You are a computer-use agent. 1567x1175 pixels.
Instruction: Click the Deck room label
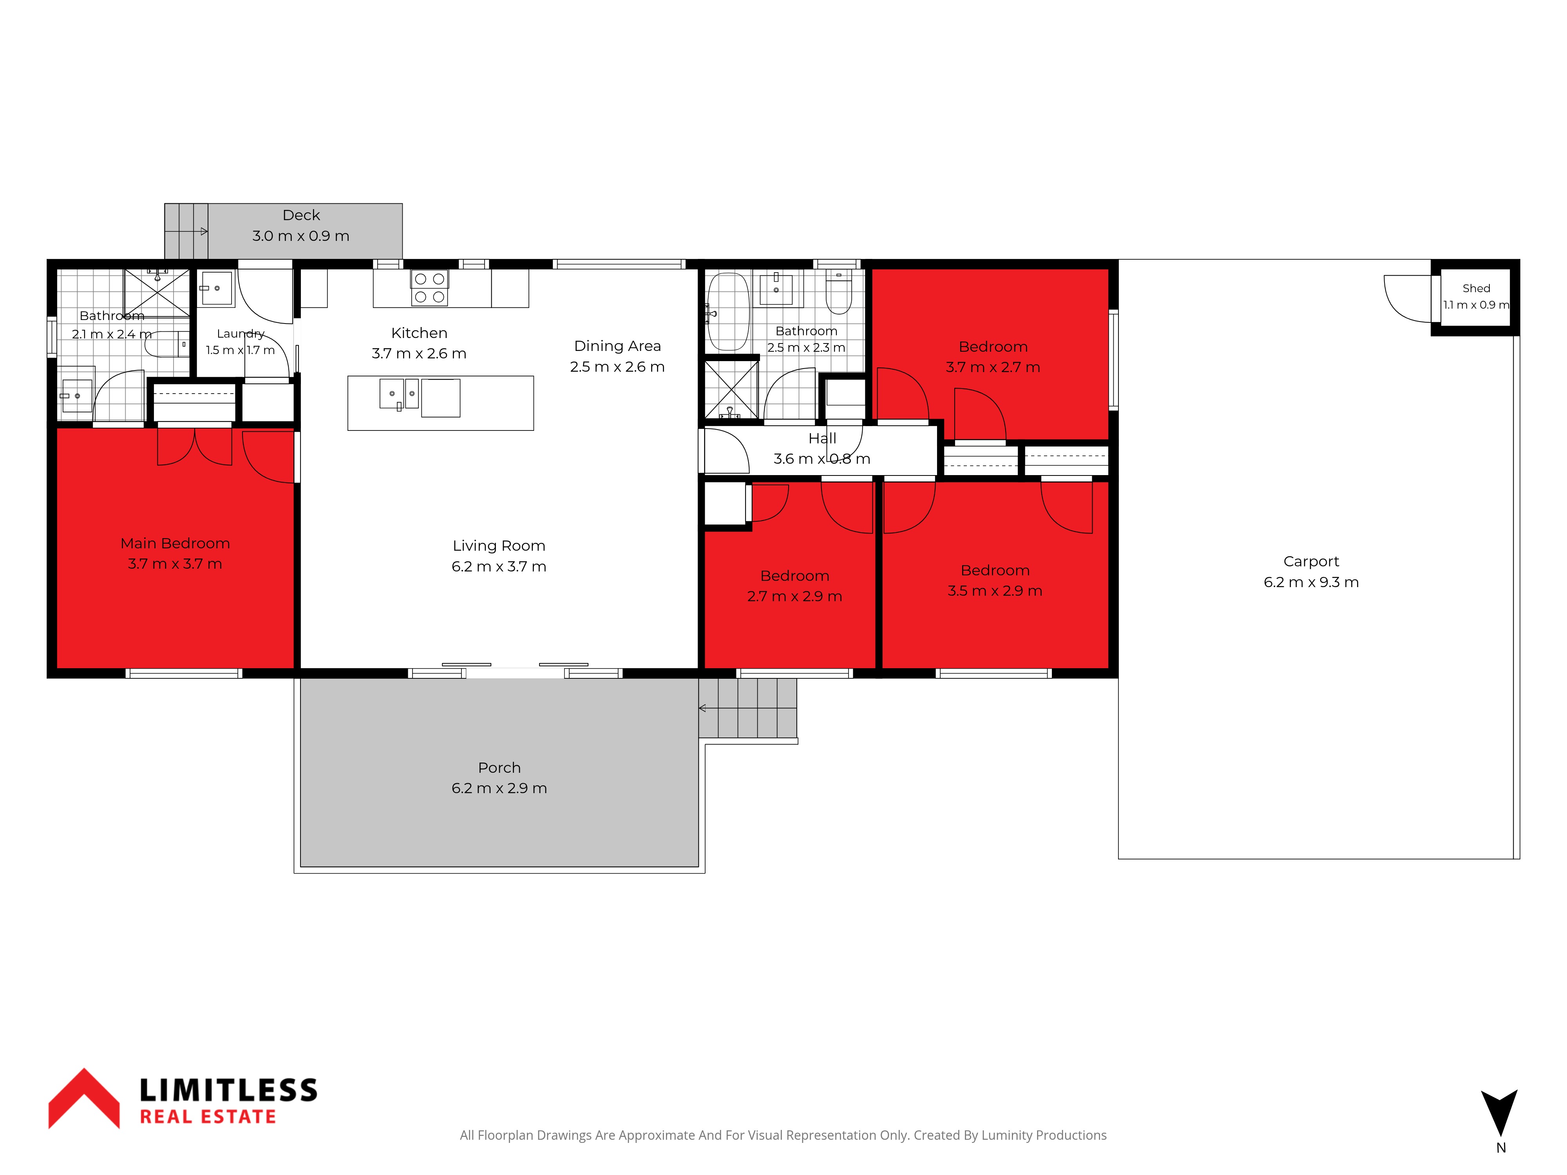click(301, 215)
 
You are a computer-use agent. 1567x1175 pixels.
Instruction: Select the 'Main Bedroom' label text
click(175, 543)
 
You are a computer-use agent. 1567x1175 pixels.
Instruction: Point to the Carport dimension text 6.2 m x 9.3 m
click(1311, 582)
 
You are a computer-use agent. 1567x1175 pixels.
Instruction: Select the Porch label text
click(499, 768)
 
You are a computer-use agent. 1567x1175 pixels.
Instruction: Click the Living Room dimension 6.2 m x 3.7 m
click(499, 567)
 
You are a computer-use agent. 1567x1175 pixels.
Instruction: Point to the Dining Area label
click(617, 345)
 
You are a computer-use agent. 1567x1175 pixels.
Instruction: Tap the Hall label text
click(822, 438)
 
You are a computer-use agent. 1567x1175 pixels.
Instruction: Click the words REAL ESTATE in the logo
click(208, 1117)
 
